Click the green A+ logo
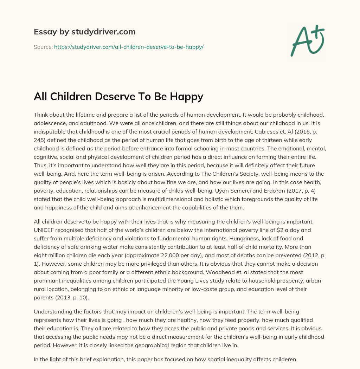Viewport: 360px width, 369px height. coord(307,40)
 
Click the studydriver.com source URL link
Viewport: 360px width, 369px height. coord(129,47)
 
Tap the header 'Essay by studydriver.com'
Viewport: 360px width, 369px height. coord(84,32)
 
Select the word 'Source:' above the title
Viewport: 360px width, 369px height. coord(43,47)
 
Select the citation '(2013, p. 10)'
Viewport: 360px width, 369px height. coord(73,298)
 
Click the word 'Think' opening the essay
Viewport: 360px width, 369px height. coord(41,115)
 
